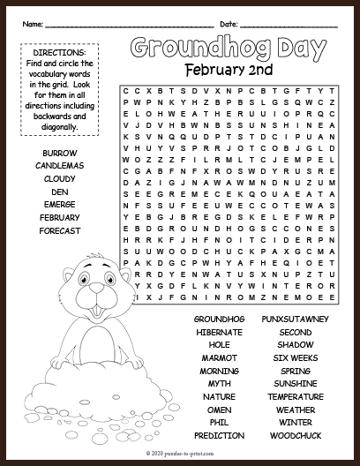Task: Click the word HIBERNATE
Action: click(220, 332)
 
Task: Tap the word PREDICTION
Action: click(220, 436)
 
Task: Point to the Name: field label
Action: click(34, 21)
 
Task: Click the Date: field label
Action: click(229, 21)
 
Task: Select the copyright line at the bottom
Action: click(179, 452)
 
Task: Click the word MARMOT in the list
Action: click(220, 357)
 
